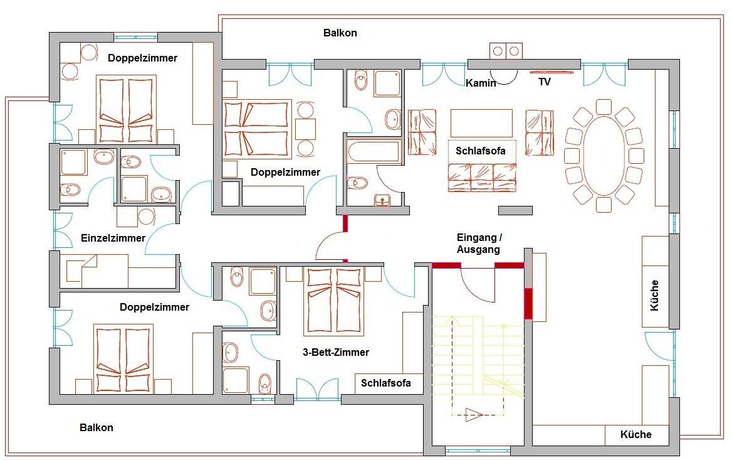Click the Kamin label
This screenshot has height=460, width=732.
[481, 83]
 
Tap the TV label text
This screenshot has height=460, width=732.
[545, 82]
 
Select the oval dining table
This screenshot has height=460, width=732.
[604, 156]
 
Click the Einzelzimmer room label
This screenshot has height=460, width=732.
[113, 238]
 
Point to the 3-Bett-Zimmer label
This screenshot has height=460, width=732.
[336, 352]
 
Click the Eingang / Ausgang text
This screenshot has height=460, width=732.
[479, 243]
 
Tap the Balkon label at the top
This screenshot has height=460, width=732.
[340, 33]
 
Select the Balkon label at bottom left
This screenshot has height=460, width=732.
[96, 427]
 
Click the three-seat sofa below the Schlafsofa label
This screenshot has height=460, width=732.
[482, 178]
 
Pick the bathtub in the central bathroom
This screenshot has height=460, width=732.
[374, 152]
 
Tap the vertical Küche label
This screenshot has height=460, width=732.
[654, 296]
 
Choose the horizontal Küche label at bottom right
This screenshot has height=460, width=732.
[636, 434]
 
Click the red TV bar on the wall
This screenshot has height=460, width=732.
[552, 72]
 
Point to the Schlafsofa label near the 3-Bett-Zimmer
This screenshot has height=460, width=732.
[385, 383]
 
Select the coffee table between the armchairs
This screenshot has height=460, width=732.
[481, 123]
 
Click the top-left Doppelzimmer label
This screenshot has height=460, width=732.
[142, 58]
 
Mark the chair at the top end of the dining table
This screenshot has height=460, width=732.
[604, 107]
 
